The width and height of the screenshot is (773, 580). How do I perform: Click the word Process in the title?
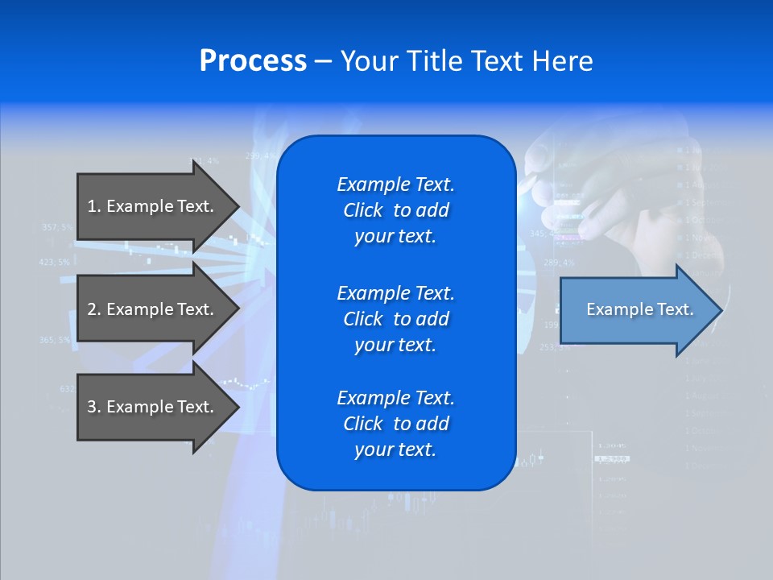coord(253,61)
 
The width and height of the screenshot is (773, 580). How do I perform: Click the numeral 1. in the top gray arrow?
coord(94,206)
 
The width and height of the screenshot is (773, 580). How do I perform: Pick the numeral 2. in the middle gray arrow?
coord(94,309)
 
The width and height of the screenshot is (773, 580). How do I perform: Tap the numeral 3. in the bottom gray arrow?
coord(94,407)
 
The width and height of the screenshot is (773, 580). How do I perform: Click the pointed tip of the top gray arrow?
coord(238,206)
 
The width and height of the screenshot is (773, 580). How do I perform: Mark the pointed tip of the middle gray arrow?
coord(238,309)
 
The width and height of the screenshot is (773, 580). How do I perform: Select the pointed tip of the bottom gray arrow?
coord(238,407)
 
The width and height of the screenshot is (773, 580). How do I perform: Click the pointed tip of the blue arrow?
coord(721,309)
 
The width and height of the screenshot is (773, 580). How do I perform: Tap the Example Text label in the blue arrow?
coord(639,309)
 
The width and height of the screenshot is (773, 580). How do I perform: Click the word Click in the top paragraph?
coord(363,211)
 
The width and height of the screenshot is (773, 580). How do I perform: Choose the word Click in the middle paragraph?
coord(363,319)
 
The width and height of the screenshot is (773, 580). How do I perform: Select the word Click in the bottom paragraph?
coord(363,424)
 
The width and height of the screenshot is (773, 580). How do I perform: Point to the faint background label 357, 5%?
coord(56,227)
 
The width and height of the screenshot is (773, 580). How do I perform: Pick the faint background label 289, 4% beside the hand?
coord(559,263)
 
